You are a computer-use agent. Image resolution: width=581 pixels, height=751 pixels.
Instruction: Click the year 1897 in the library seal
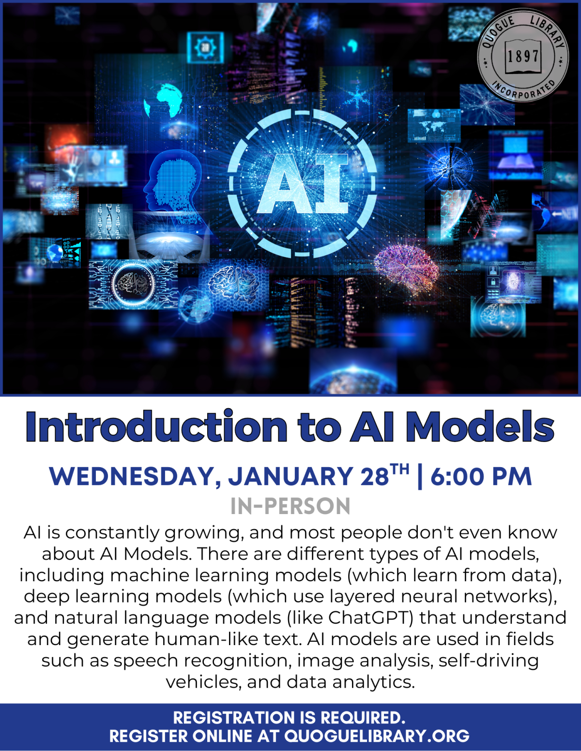pyautogui.click(x=523, y=56)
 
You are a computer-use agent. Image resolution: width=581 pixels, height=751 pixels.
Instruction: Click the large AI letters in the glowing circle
pyautogui.click(x=303, y=184)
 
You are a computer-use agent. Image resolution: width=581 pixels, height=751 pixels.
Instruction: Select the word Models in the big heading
pyautogui.click(x=479, y=427)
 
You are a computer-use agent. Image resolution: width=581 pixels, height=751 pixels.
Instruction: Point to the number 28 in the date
pyautogui.click(x=375, y=477)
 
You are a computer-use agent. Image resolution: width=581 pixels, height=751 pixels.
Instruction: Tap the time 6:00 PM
pyautogui.click(x=481, y=477)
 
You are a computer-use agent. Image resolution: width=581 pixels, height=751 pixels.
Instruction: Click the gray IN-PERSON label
pyautogui.click(x=290, y=506)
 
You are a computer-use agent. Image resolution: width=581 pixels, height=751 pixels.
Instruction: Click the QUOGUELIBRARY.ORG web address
pyautogui.click(x=377, y=736)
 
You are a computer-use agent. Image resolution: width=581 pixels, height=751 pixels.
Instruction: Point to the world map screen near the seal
pyautogui.click(x=433, y=125)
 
